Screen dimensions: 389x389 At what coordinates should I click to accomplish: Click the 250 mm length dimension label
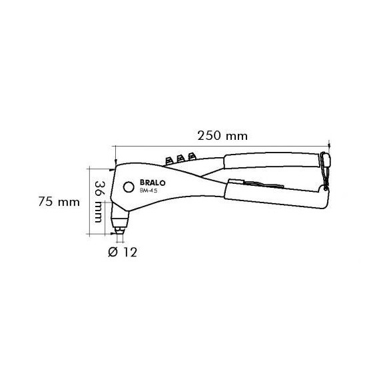coord(222,136)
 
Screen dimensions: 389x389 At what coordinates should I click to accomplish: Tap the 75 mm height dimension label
coord(59,202)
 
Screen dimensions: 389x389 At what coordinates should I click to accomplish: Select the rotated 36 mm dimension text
coord(99,202)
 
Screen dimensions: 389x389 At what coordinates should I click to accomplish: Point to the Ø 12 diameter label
coord(123,252)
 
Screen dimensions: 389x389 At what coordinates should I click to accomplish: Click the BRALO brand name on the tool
coord(153,183)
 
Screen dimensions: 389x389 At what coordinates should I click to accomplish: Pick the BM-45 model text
coord(148,191)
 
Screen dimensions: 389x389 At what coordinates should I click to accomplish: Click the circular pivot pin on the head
coord(129,187)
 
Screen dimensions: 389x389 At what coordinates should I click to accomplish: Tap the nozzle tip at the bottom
coord(120,230)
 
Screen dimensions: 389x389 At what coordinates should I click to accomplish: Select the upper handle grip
coord(271,161)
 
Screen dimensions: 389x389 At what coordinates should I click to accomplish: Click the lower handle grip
coord(275,196)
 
